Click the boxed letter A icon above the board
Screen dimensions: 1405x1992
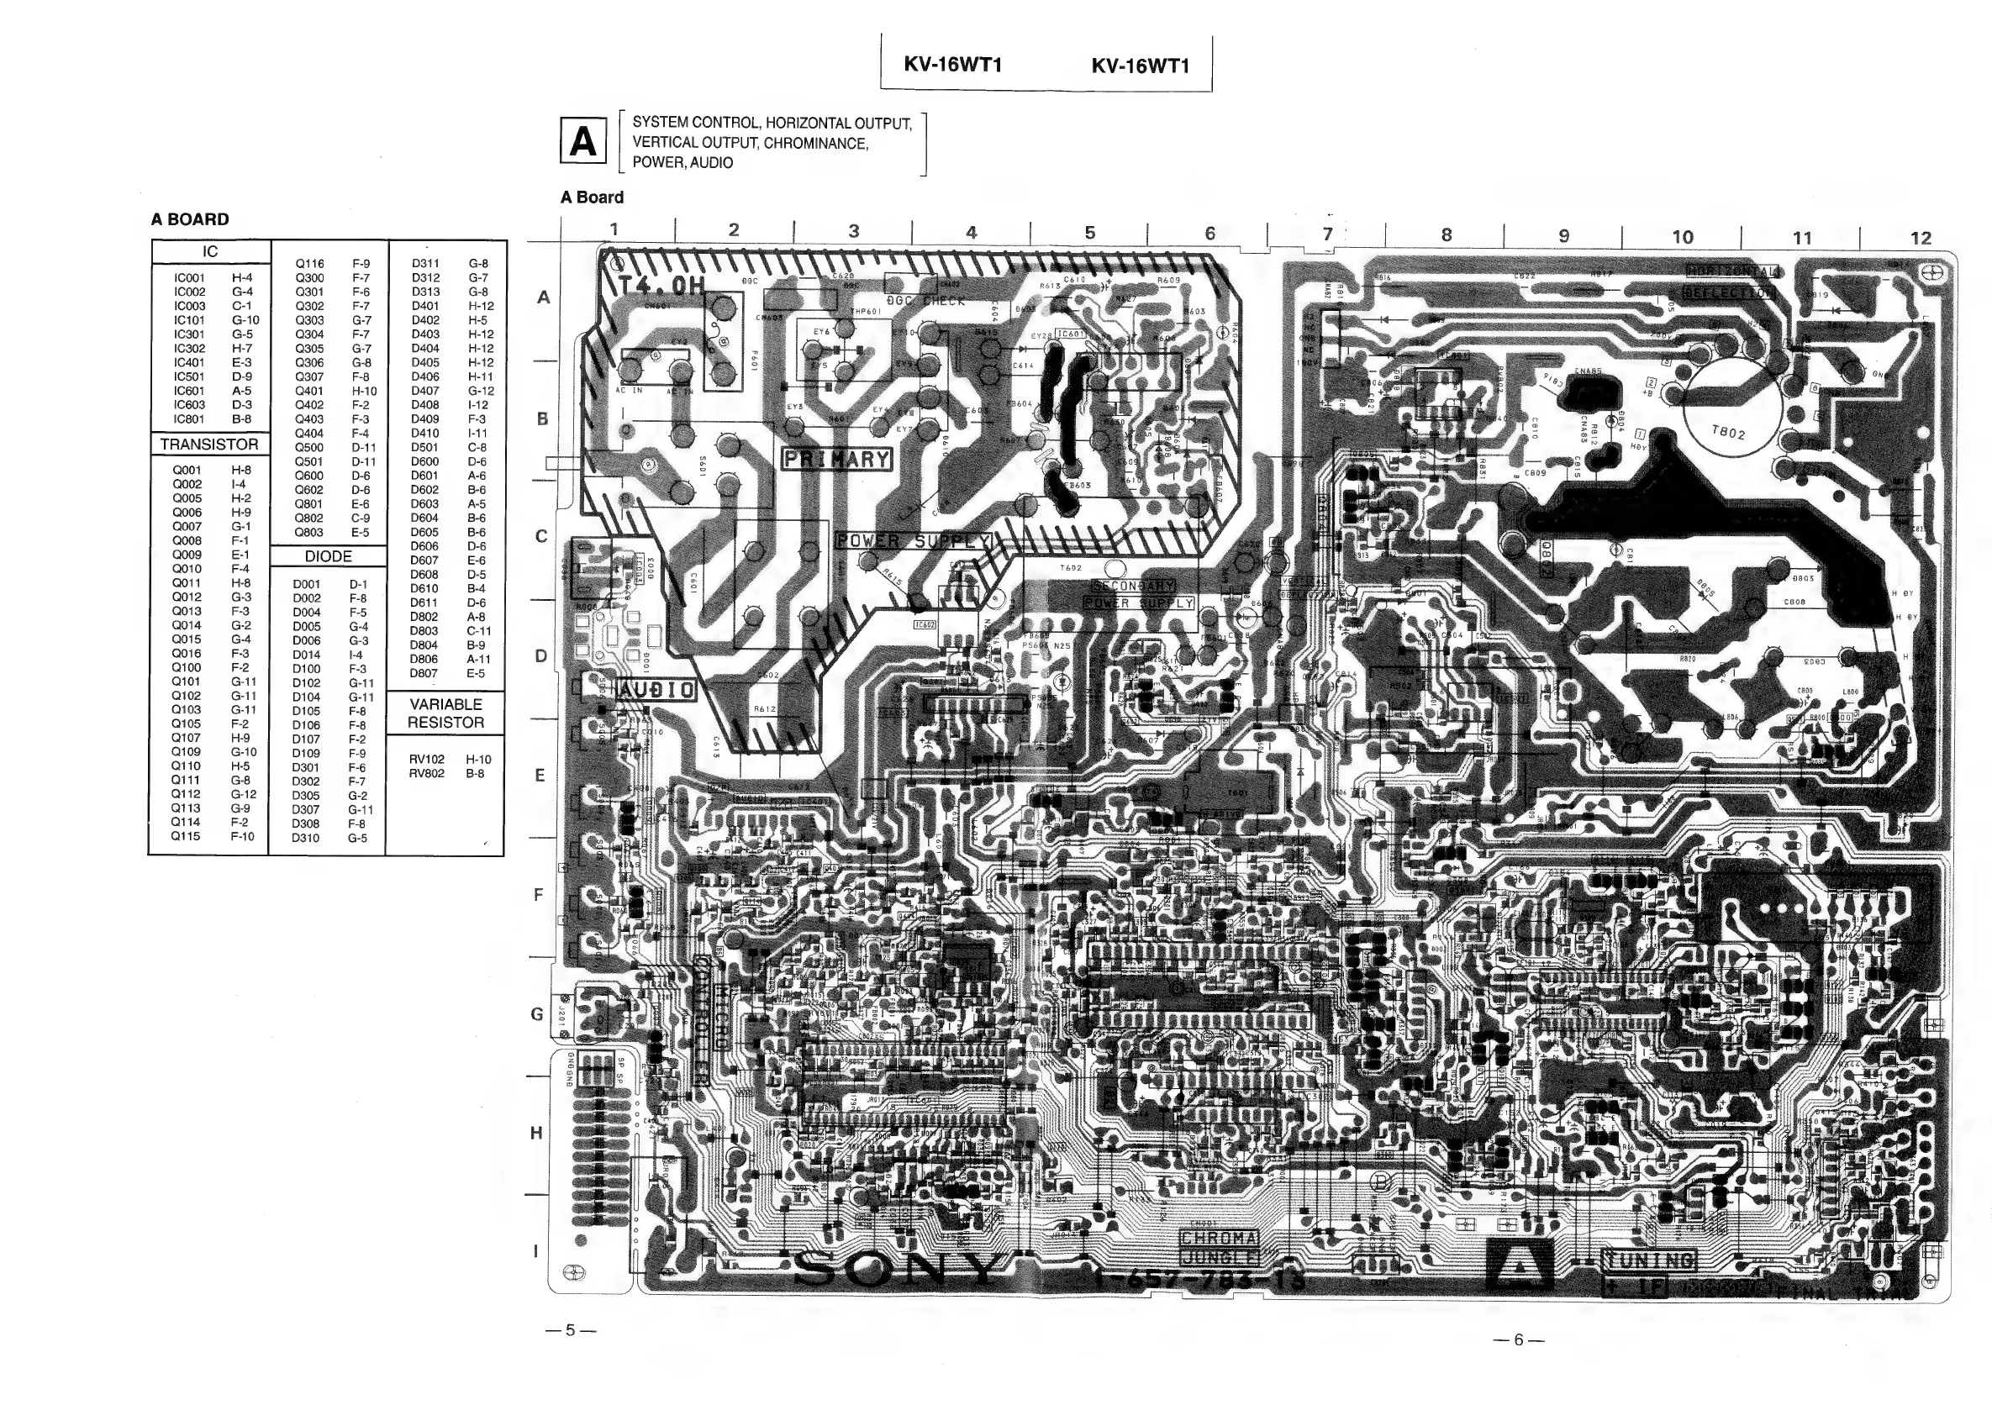point(583,141)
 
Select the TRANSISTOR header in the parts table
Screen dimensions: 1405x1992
point(209,444)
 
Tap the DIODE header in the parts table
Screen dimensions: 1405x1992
point(328,556)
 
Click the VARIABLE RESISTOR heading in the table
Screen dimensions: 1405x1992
point(446,713)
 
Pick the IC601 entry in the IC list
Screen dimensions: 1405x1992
point(189,390)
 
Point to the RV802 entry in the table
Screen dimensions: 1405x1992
point(427,773)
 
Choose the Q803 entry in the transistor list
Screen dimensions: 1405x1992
point(308,532)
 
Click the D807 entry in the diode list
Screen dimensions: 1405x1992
point(424,672)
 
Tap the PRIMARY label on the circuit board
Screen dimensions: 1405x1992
point(836,459)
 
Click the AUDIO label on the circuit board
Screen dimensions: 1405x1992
point(656,690)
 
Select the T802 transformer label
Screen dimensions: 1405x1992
point(1728,431)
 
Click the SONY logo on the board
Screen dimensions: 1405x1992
point(899,1271)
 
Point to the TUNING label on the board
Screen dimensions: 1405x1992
point(1648,1260)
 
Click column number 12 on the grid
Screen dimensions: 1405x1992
point(1921,238)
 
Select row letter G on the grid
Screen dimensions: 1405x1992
point(537,1013)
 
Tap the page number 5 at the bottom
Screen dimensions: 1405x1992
point(570,1329)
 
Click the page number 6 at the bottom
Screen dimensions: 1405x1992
point(1518,1340)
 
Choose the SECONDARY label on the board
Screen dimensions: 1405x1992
point(1132,587)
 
